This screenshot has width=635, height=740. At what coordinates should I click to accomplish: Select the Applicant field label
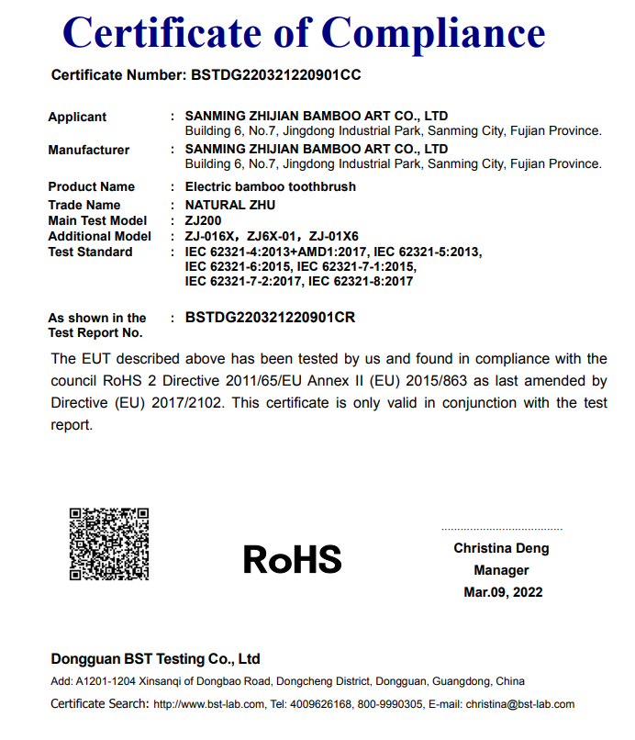pyautogui.click(x=77, y=117)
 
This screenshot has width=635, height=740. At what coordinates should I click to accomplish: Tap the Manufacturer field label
pyautogui.click(x=89, y=150)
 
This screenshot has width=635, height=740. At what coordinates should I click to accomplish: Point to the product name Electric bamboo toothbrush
pyautogui.click(x=271, y=186)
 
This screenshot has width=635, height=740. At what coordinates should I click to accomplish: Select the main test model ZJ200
pyautogui.click(x=203, y=220)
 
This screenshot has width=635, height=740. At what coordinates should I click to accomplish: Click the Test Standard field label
pyautogui.click(x=90, y=252)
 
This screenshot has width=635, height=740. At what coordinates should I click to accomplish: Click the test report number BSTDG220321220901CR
pyautogui.click(x=270, y=318)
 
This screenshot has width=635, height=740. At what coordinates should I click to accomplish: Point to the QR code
pyautogui.click(x=109, y=543)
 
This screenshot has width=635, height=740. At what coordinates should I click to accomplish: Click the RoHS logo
pyautogui.click(x=292, y=559)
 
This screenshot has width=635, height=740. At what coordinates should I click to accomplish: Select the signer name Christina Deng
pyautogui.click(x=502, y=548)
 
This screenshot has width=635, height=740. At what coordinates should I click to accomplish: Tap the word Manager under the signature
pyautogui.click(x=502, y=570)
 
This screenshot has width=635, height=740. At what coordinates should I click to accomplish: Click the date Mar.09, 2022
pyautogui.click(x=502, y=592)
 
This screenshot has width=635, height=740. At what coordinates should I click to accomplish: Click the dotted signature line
pyautogui.click(x=501, y=530)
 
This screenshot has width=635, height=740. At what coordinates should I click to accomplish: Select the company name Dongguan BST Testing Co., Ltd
pyautogui.click(x=156, y=658)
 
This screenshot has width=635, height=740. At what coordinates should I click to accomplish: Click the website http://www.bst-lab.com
pyautogui.click(x=210, y=704)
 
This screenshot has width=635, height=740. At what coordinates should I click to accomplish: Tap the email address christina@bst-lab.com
pyautogui.click(x=520, y=704)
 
